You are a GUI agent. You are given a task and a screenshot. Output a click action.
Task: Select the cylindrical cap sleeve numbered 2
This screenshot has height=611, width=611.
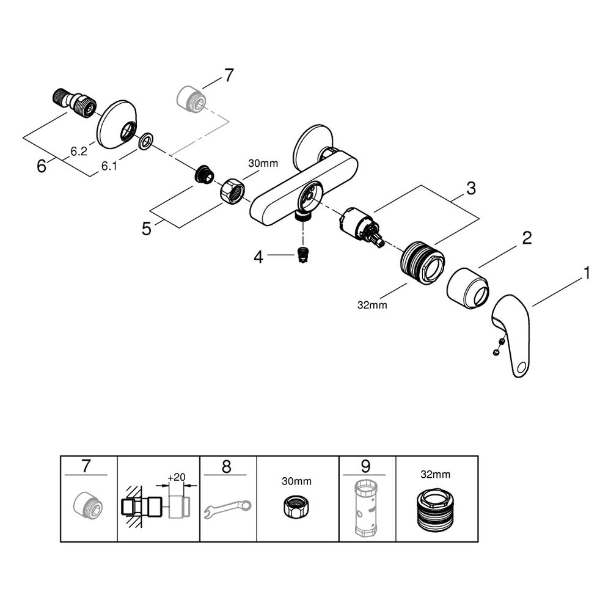pyautogui.click(x=467, y=288)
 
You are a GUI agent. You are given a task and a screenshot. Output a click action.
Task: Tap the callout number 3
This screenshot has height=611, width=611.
pyautogui.click(x=471, y=189)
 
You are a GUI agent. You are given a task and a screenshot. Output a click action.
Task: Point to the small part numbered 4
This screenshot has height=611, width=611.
pyautogui.click(x=301, y=254)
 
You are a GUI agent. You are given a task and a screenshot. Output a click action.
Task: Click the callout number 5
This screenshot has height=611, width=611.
pyautogui.click(x=147, y=229)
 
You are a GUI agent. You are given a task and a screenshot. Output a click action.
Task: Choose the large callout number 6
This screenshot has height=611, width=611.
pyautogui.click(x=42, y=166)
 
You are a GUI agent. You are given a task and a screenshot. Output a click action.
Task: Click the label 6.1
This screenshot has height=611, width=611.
pyautogui.click(x=109, y=166)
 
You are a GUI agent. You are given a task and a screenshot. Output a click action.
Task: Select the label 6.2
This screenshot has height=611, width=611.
pyautogui.click(x=79, y=151)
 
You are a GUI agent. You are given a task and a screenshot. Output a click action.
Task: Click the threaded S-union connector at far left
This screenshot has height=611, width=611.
pyautogui.click(x=74, y=103)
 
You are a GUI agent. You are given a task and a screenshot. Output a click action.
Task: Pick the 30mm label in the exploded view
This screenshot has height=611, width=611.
pyautogui.click(x=263, y=163)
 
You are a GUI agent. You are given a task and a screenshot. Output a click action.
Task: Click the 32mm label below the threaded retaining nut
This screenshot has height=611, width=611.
pyautogui.click(x=372, y=305)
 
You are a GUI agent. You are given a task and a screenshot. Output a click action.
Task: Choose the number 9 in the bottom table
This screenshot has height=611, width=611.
pyautogui.click(x=365, y=466)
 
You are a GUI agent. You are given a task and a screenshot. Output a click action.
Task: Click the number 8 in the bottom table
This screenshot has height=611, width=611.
pyautogui.click(x=227, y=466)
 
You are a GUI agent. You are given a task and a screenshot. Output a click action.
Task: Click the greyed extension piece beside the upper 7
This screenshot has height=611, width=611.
pyautogui.click(x=191, y=97)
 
